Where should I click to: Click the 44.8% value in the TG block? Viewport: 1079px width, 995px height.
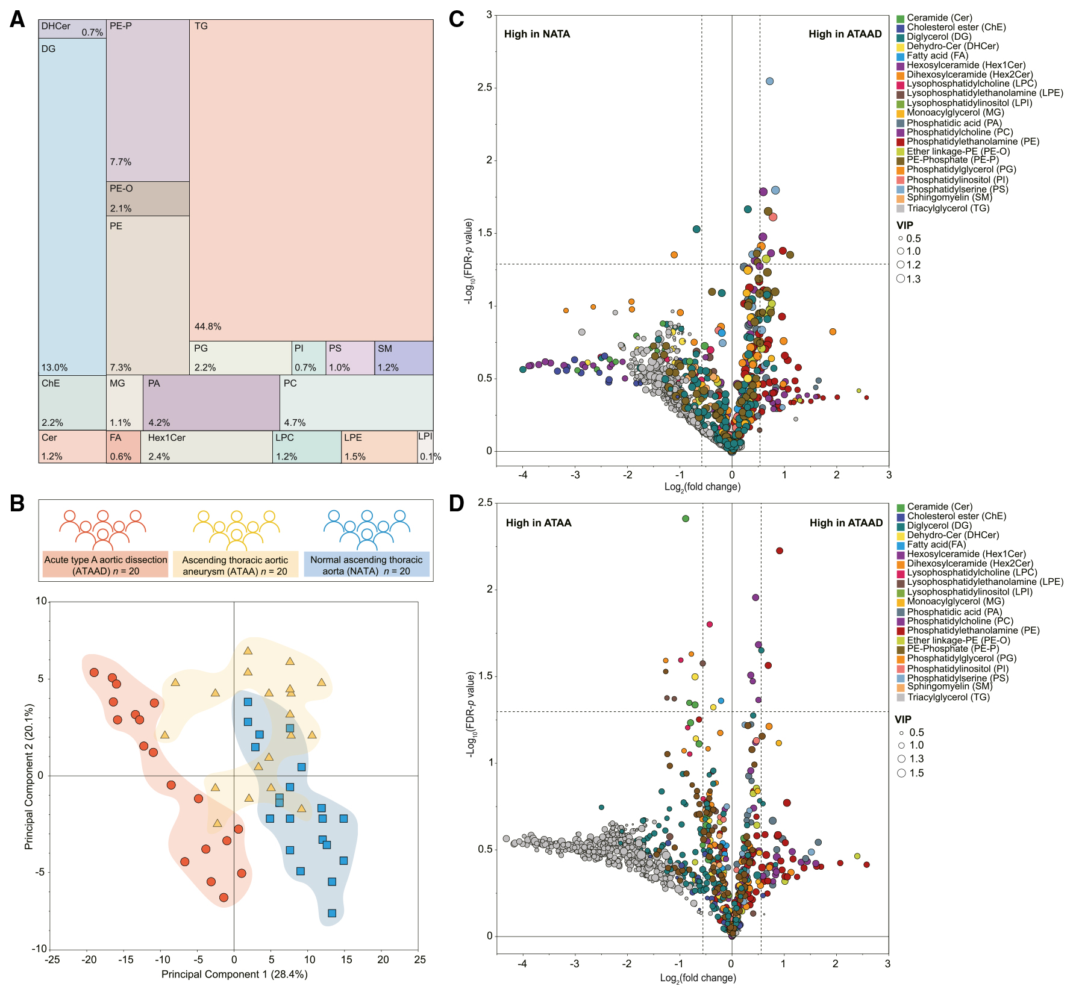[208, 326]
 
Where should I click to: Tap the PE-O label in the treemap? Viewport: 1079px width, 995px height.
[121, 189]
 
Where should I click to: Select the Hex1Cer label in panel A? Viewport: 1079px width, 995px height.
[167, 438]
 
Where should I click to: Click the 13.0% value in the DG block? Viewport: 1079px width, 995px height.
[54, 367]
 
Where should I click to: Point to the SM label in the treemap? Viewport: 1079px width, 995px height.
[385, 349]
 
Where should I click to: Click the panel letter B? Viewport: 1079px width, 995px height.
[17, 504]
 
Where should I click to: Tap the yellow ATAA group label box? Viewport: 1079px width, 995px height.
[235, 565]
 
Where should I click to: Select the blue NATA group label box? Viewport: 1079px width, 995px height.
[366, 565]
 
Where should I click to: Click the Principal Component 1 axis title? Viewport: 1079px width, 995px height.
[234, 974]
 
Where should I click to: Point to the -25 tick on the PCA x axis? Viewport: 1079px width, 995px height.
[52, 959]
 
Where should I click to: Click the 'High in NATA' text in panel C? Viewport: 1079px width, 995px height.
[537, 34]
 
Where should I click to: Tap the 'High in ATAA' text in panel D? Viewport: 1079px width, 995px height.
[539, 523]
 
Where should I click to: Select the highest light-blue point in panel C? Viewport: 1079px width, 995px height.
[769, 81]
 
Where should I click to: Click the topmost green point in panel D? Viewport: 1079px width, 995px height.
[685, 519]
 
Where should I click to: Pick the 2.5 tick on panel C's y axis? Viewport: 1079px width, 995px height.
[485, 87]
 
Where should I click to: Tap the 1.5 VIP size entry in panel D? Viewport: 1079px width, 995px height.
[910, 773]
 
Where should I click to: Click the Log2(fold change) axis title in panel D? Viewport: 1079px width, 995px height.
[698, 978]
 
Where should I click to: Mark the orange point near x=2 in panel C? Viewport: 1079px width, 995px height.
[833, 332]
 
